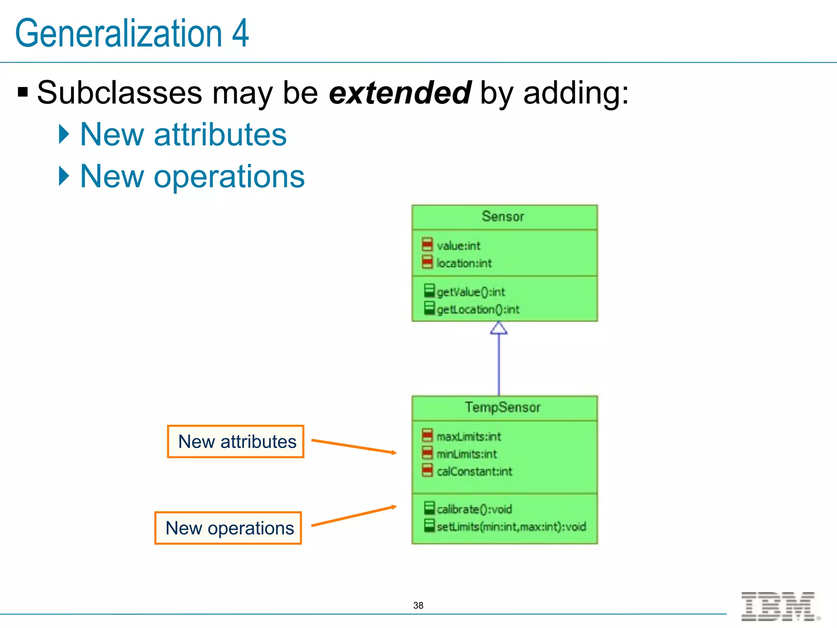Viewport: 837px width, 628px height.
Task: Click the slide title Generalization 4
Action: point(132,33)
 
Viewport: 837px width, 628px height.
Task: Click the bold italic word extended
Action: point(400,93)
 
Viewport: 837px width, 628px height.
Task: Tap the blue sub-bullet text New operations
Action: point(192,176)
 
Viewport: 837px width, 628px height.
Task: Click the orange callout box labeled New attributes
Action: point(236,442)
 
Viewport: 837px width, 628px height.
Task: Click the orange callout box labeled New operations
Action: point(228,528)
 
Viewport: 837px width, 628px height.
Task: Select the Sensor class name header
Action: point(503,217)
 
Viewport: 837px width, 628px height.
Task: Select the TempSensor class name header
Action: point(503,407)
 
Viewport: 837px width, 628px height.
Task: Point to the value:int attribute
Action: point(458,246)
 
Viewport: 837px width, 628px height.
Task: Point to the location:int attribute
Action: point(464,263)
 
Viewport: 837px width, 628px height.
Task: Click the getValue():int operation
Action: point(471,292)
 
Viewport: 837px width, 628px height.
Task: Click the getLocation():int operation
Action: point(478,310)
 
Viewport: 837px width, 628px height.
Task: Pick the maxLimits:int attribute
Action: point(468,437)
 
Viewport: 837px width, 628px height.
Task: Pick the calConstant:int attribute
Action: point(474,472)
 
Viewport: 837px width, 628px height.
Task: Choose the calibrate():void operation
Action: point(474,509)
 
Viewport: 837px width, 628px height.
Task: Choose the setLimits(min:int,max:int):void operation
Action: point(511,527)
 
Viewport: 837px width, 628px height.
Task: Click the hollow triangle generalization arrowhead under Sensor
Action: point(499,328)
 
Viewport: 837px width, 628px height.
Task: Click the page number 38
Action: point(418,606)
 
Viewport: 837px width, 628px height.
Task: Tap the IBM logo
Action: point(779,606)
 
